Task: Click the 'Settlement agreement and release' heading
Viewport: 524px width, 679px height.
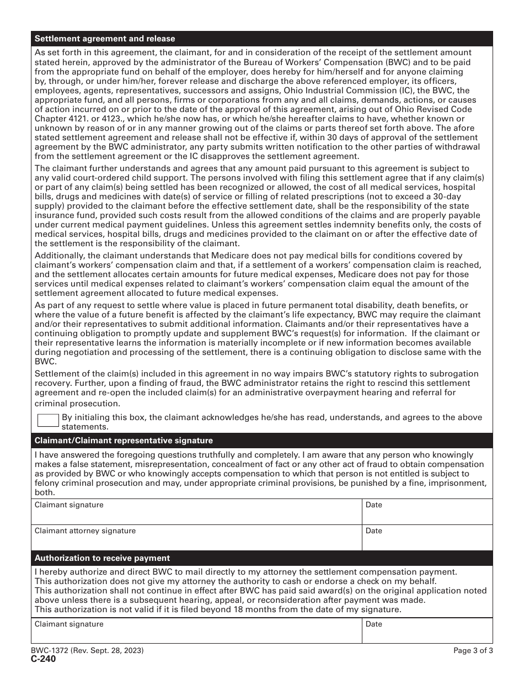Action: tap(105, 39)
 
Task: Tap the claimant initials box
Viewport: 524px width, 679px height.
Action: tap(48, 421)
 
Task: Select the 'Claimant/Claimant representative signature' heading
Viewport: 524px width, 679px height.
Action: tap(124, 441)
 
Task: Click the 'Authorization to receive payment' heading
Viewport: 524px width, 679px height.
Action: tap(102, 558)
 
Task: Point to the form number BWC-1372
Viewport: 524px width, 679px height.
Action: tap(49, 651)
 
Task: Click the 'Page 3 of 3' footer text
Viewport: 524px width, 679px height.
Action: tap(473, 651)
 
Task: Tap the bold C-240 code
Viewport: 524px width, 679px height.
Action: tap(43, 659)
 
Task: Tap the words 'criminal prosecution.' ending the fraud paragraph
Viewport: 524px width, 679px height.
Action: tap(69, 404)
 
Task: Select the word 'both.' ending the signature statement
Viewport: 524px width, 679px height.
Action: tap(44, 492)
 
